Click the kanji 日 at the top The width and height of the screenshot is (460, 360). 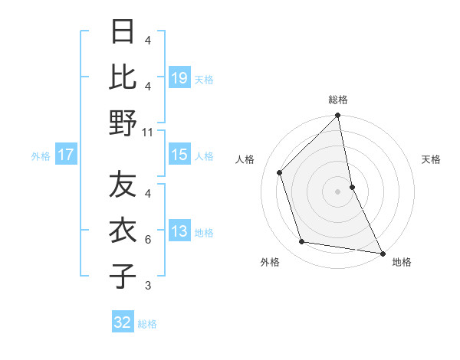click(123, 33)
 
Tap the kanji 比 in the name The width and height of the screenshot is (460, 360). click(123, 77)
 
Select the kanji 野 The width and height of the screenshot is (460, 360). click(123, 123)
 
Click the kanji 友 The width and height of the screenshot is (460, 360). click(123, 186)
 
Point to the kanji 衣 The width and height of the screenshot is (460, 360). click(123, 231)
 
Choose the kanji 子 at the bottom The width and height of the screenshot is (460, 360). click(123, 277)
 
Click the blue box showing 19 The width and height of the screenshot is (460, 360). click(179, 78)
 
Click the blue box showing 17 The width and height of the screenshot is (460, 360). click(66, 155)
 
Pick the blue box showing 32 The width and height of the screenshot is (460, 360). click(123, 322)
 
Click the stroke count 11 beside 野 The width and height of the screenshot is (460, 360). click(148, 132)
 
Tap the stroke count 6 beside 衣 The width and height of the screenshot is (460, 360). click(148, 240)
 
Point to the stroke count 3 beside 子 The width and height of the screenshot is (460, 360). click(148, 286)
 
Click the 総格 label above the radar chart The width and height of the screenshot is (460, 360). click(338, 100)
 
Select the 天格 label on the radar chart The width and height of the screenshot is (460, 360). click(431, 159)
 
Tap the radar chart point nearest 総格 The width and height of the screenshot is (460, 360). click(338, 116)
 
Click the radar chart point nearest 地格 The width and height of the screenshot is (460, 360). click(381, 253)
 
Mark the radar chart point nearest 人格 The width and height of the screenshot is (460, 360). click(280, 172)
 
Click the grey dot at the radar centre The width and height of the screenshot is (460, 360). click(338, 191)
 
